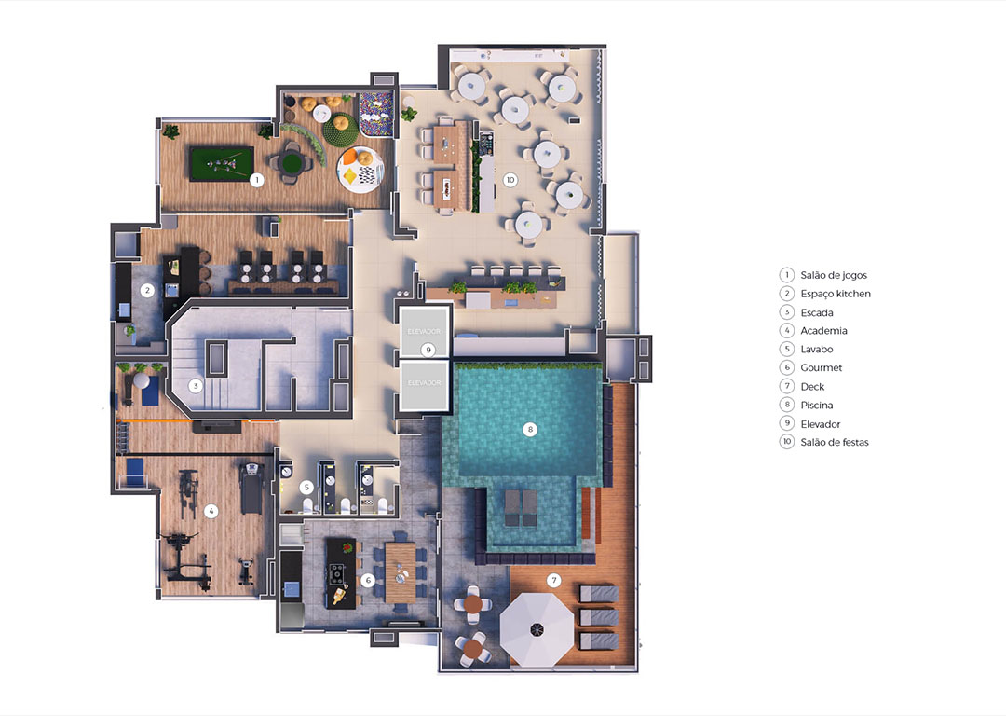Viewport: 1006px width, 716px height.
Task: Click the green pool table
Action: (222, 164)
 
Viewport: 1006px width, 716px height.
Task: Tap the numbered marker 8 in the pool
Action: (529, 429)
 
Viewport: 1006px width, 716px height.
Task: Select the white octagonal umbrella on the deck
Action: (537, 629)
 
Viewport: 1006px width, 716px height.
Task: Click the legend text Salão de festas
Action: (834, 442)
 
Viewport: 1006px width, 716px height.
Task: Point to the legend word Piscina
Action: (817, 405)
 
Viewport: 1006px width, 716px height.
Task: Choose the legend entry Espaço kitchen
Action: (836, 294)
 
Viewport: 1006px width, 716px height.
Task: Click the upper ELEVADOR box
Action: (424, 331)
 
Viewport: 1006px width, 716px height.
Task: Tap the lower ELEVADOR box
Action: (424, 384)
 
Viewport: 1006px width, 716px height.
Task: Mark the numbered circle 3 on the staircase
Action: (196, 386)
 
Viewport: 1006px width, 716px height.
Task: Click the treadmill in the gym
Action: (251, 488)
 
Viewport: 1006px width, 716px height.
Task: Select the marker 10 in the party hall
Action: (510, 180)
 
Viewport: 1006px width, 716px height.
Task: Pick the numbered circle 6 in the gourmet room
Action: (368, 581)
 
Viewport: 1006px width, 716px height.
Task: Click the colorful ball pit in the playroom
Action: (376, 114)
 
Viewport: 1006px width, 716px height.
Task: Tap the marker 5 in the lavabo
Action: (306, 488)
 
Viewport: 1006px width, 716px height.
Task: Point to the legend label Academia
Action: (823, 331)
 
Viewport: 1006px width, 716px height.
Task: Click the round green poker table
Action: (292, 162)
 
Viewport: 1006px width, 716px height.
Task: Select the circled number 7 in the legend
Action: (786, 386)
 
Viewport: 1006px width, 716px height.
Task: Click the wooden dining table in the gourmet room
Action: (401, 572)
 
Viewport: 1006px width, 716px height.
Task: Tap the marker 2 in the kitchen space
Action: (147, 290)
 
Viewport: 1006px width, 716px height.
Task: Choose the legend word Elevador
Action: (820, 424)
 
